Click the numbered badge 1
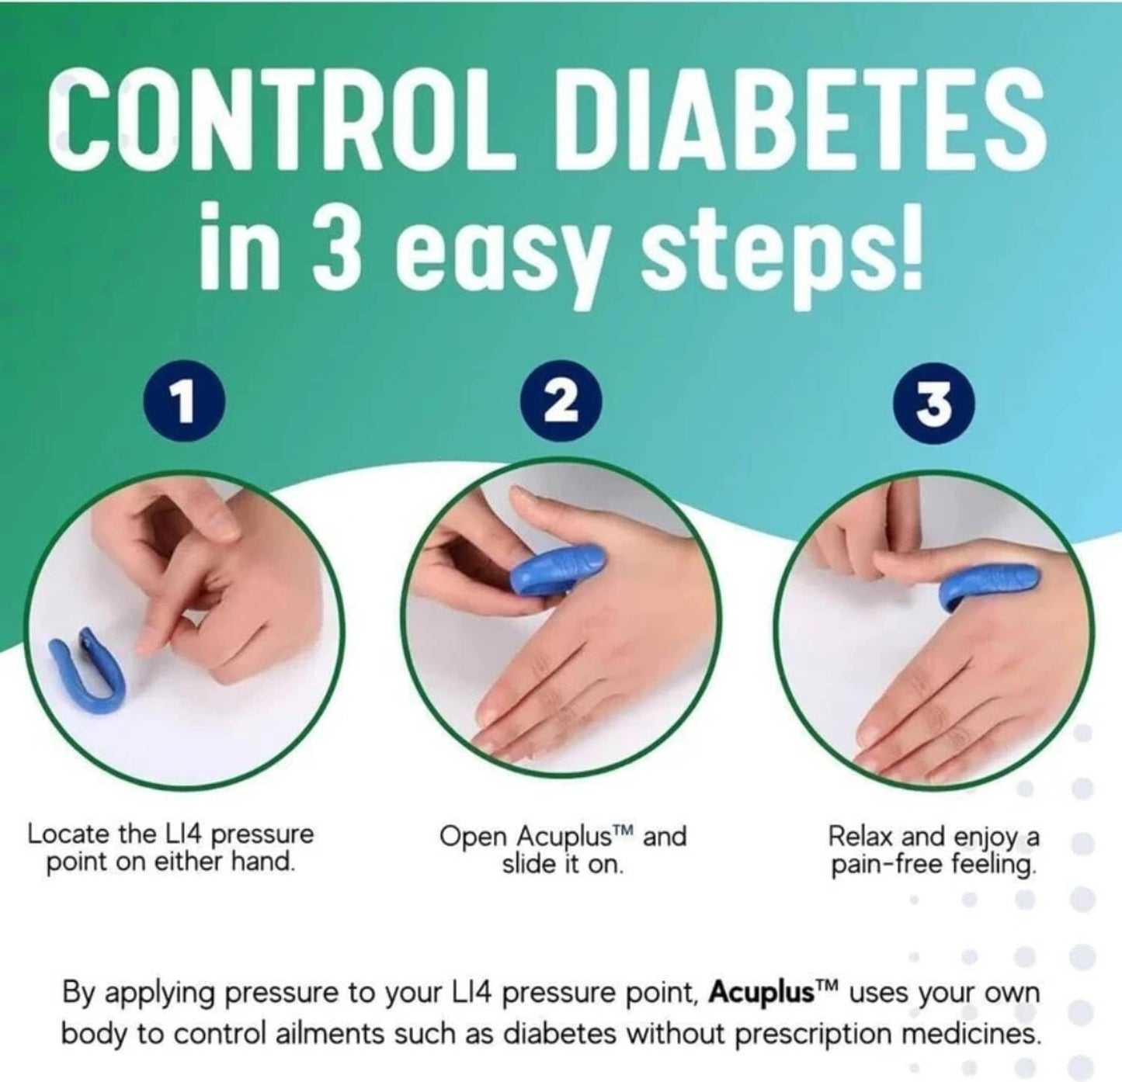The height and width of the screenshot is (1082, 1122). pos(184,403)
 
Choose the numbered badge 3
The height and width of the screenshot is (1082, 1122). pos(934,403)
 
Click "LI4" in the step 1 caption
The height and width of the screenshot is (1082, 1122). pos(182,835)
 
